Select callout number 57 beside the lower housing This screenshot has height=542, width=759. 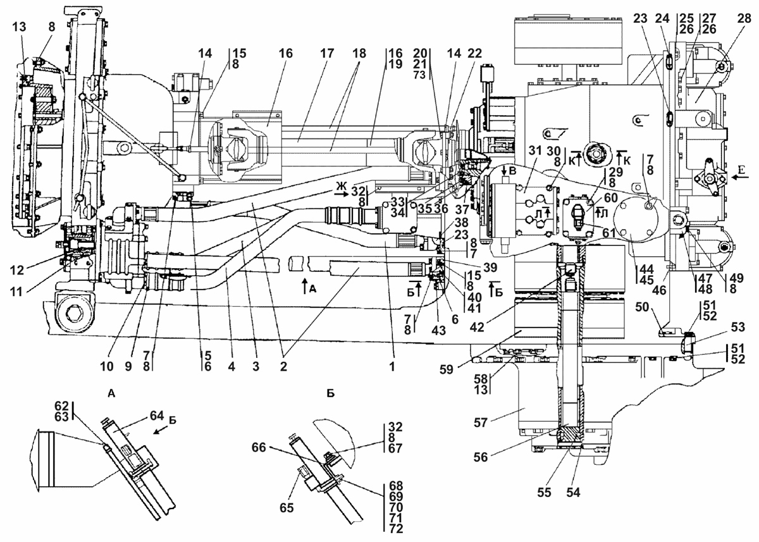[x=481, y=422]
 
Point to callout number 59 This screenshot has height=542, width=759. [x=447, y=369]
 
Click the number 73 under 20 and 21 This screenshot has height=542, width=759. [x=419, y=75]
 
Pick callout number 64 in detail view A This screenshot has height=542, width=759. [x=157, y=416]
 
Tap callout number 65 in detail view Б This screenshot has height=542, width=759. [x=287, y=508]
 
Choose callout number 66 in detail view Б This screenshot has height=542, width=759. [x=259, y=448]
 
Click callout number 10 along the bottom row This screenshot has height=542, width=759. [x=107, y=367]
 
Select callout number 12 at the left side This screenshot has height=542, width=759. [x=17, y=270]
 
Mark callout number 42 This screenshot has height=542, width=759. [x=477, y=327]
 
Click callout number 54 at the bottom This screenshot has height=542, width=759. [x=573, y=492]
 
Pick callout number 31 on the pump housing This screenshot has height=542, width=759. [x=535, y=151]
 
